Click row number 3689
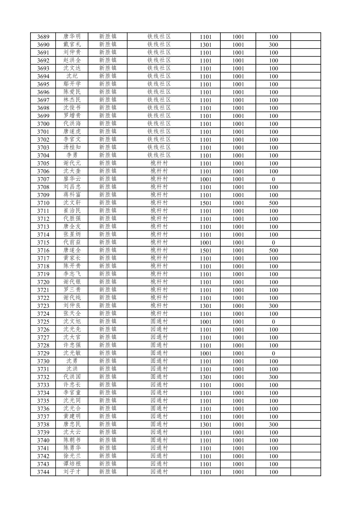(43, 37)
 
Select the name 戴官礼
(72, 45)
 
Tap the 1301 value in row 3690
(205, 45)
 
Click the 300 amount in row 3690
(273, 45)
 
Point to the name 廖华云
(72, 179)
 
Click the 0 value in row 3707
(273, 179)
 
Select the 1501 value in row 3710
(205, 203)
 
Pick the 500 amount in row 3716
(273, 251)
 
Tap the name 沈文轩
(72, 203)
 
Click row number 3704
(43, 155)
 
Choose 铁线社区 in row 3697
(159, 100)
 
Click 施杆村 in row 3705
(159, 163)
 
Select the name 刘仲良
(72, 306)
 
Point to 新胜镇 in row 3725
(107, 322)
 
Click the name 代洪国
(72, 377)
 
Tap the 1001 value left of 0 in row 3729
(238, 354)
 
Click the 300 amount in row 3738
(273, 425)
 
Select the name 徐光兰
(72, 456)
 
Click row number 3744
(43, 472)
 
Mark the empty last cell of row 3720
(305, 282)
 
